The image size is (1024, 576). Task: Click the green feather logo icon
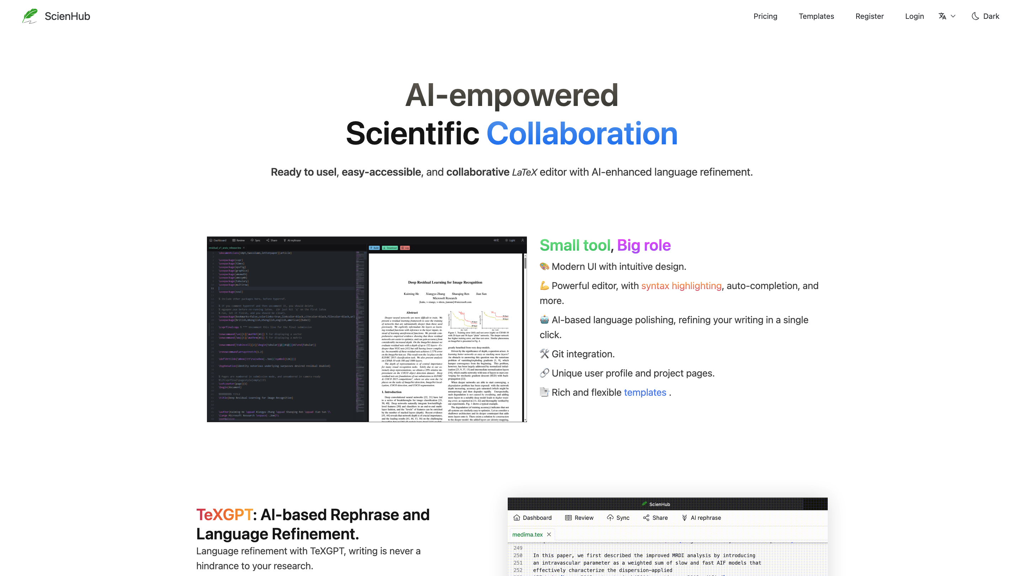point(30,16)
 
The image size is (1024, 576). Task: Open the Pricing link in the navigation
point(765,16)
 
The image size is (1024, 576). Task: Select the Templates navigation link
point(816,16)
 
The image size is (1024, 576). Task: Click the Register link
point(869,16)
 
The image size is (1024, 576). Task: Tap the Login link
point(914,16)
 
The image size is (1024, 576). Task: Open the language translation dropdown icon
point(946,16)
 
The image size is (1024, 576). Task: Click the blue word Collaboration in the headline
point(582,134)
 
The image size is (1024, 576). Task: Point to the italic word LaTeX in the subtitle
point(524,172)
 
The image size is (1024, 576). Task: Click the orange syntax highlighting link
point(681,286)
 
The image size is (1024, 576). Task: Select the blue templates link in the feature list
point(645,392)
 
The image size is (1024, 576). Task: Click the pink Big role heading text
point(644,245)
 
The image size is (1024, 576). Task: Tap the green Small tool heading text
point(575,245)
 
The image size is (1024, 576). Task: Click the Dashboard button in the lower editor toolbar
point(533,518)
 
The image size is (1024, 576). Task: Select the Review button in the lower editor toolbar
point(579,518)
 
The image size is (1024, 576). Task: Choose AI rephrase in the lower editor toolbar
point(701,518)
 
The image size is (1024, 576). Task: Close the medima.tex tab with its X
point(549,534)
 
